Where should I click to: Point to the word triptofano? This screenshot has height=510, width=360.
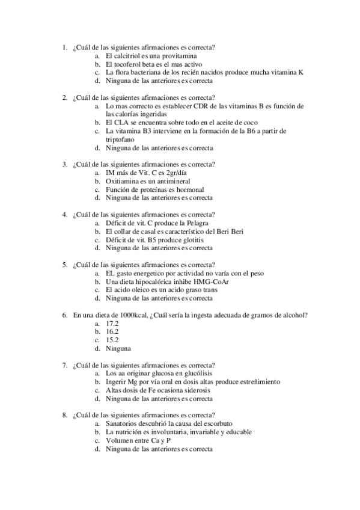click(x=120, y=138)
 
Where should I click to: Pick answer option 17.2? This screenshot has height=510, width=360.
click(x=112, y=323)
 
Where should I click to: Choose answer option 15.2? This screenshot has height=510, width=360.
click(x=112, y=340)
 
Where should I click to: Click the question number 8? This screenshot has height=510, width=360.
click(x=64, y=415)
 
